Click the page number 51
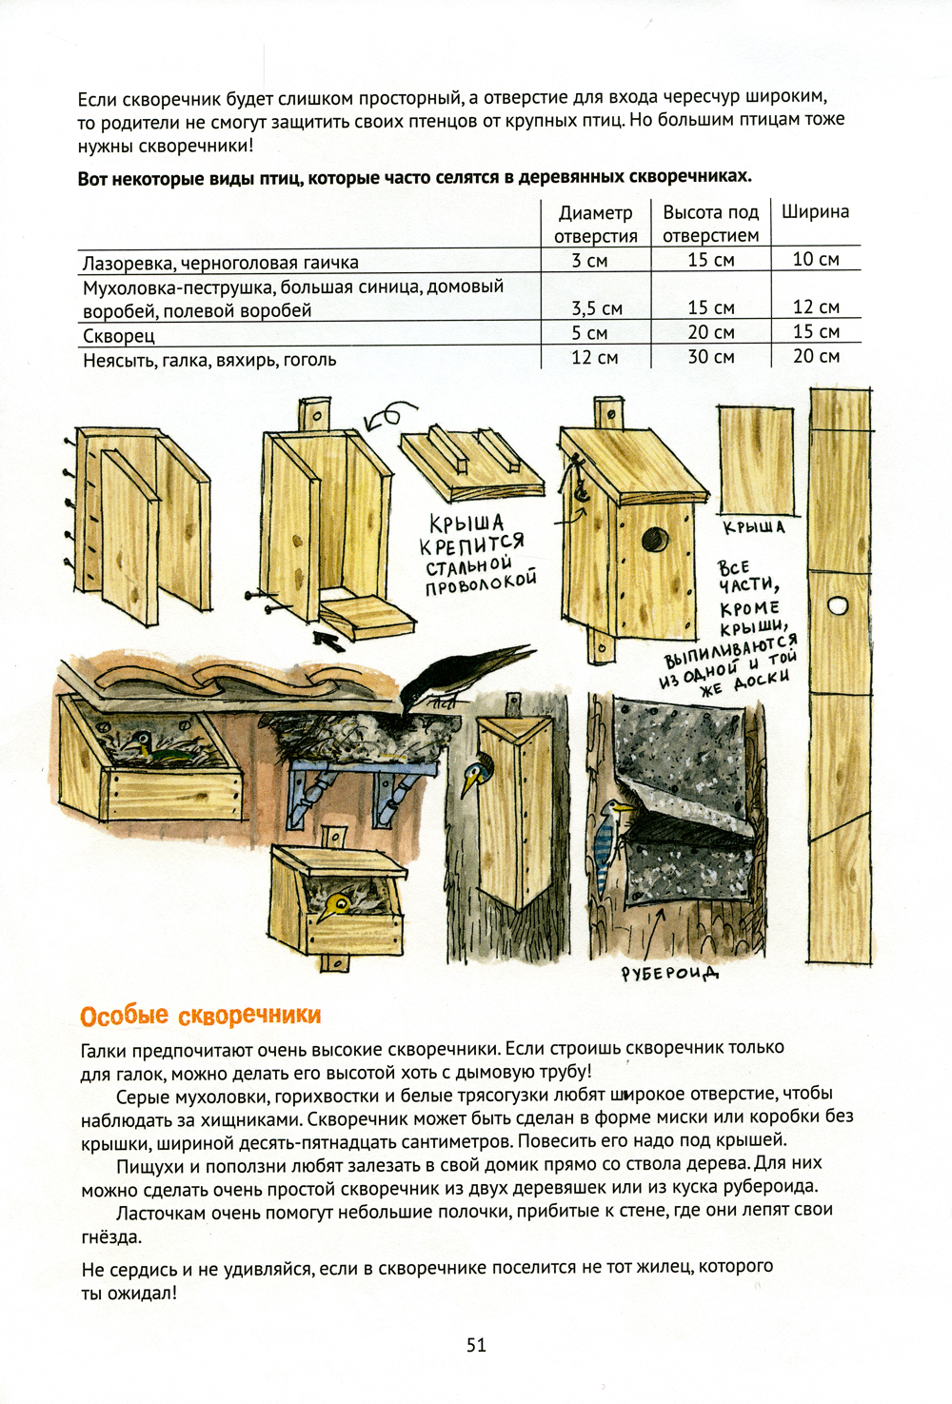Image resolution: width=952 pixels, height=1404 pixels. [476, 1344]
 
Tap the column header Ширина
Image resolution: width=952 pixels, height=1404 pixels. [815, 212]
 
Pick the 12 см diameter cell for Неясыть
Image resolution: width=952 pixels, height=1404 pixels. [594, 357]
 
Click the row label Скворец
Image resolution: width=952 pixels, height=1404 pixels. [119, 336]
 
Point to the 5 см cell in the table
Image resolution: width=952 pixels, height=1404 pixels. [589, 333]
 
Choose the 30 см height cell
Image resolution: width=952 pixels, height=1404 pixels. [711, 357]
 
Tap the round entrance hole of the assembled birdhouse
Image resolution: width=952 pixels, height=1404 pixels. [654, 539]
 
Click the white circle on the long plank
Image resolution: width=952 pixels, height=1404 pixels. [838, 605]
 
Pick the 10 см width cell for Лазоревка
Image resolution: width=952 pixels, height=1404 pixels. [815, 260]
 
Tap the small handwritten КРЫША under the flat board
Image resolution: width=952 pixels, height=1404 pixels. [754, 527]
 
